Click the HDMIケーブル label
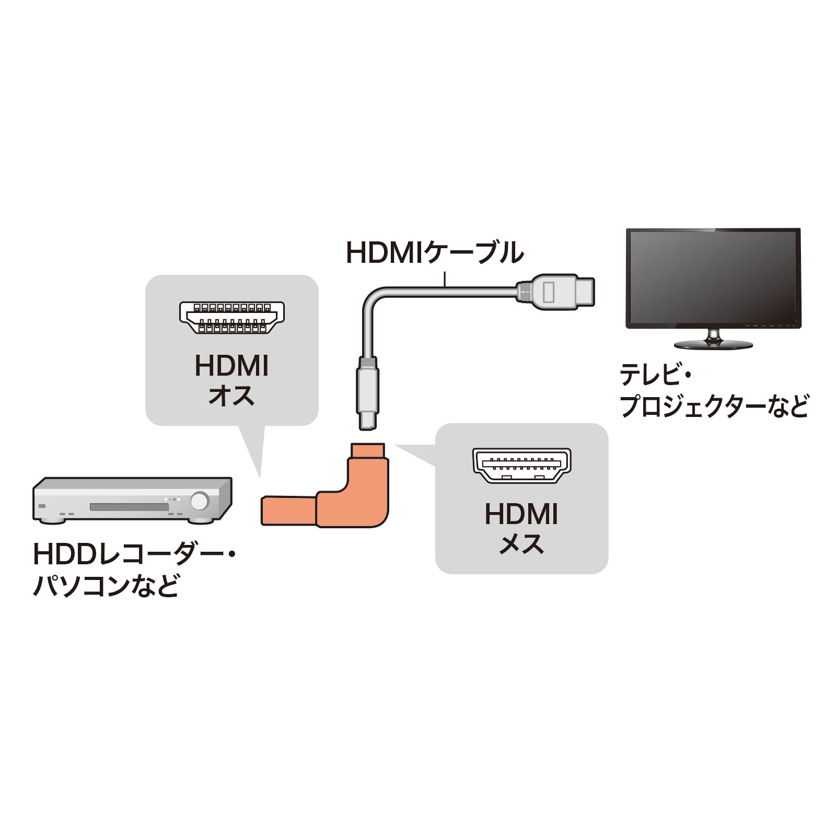[x=435, y=253]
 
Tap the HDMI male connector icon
[x=232, y=317]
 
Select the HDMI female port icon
[x=522, y=465]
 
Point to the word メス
[x=521, y=544]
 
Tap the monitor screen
[x=714, y=278]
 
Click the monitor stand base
[x=713, y=344]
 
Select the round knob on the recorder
[x=199, y=501]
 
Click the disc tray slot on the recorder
[x=129, y=507]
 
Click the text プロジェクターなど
[x=714, y=406]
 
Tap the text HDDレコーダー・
[x=135, y=554]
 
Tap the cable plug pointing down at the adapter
[x=368, y=393]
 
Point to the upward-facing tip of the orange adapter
[x=368, y=449]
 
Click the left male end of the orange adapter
[x=289, y=510]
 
